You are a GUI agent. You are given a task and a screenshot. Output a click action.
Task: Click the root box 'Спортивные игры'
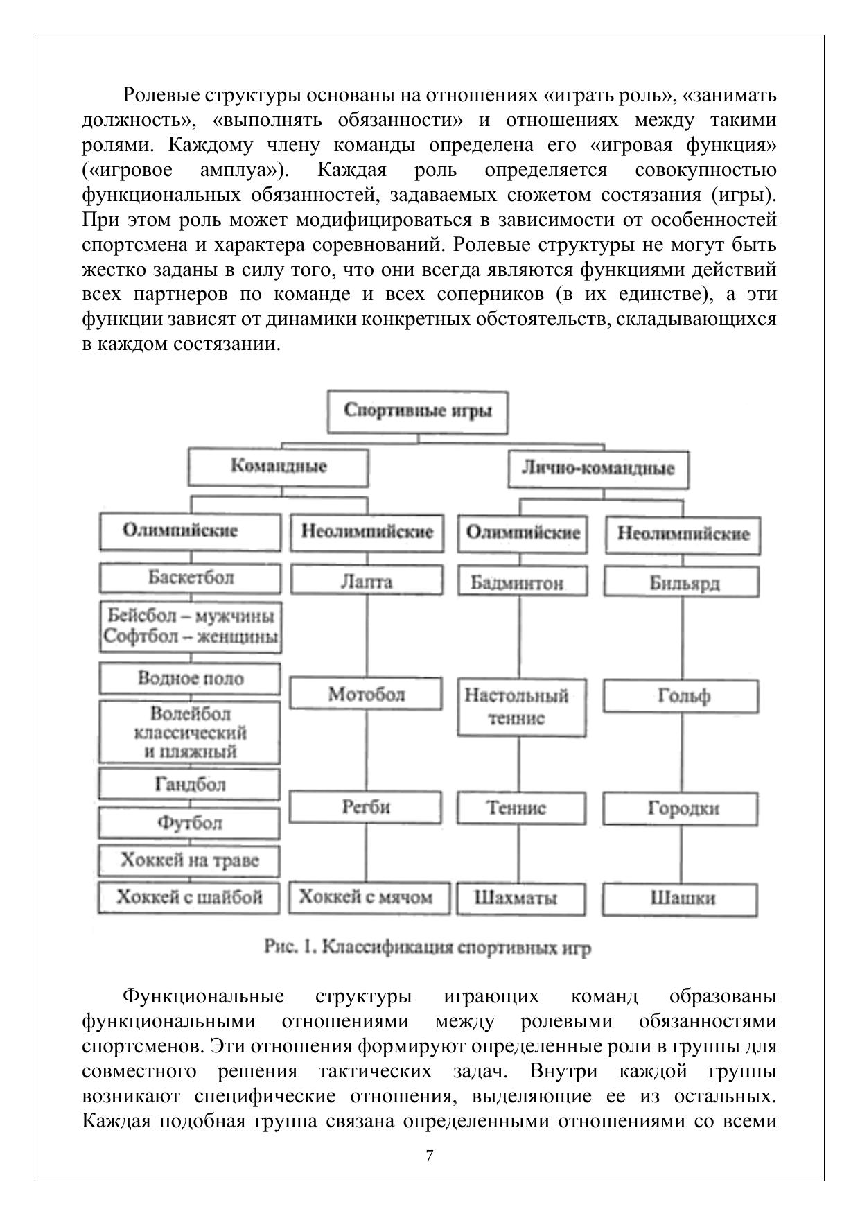tap(417, 411)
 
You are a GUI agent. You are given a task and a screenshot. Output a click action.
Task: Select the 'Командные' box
tap(279, 467)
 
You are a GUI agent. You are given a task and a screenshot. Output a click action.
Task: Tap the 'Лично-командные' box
tap(597, 469)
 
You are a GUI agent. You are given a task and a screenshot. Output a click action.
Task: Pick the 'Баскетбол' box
tap(191, 578)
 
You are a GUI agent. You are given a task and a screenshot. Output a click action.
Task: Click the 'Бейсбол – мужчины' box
tap(191, 626)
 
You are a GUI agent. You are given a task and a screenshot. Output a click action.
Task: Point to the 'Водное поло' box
tap(191, 678)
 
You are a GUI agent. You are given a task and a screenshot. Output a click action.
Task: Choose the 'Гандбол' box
tap(190, 785)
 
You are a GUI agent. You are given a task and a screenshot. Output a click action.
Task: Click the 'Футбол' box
tap(190, 823)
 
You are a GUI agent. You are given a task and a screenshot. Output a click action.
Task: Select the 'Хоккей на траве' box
tap(190, 861)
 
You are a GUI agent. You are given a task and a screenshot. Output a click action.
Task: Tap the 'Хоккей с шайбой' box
tap(189, 898)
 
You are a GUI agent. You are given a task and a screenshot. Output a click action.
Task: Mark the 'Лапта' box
tap(366, 581)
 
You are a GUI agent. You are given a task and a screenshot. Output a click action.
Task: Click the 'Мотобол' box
tap(366, 694)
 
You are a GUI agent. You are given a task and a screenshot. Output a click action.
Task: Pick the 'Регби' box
tap(366, 808)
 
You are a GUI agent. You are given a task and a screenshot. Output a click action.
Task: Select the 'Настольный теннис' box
tap(521, 707)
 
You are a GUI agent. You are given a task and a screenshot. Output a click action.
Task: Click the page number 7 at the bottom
tap(430, 1156)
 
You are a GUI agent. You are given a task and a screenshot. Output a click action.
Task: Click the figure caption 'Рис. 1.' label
tap(291, 947)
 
